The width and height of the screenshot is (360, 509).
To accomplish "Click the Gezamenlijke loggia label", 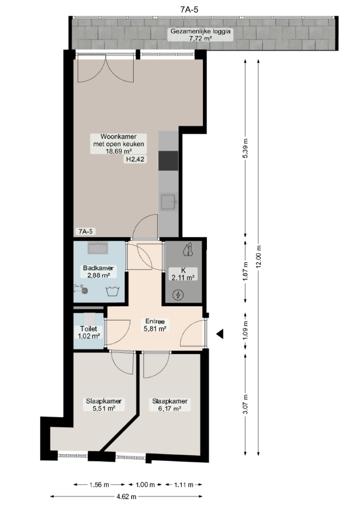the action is [201, 31].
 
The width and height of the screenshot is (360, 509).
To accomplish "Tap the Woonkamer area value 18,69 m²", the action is [118, 151].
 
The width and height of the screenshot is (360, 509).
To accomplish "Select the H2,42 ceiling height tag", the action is [135, 159].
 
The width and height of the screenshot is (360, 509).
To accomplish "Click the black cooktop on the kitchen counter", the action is [168, 161].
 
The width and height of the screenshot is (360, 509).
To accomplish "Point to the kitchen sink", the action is [168, 202].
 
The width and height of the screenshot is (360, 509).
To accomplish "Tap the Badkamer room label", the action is [98, 268].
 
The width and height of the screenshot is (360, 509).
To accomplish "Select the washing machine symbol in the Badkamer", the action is [113, 291].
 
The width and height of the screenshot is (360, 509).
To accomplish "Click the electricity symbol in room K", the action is [178, 295].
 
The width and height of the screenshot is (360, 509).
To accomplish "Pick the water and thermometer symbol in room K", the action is [188, 250].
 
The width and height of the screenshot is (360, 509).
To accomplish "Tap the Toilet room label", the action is [89, 329].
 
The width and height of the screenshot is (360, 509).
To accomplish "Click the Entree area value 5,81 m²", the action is [155, 328].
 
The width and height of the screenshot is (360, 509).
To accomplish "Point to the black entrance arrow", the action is [220, 334].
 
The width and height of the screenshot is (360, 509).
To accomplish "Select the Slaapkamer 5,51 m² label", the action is [104, 405].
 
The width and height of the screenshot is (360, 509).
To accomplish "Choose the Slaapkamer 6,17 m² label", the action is [170, 405].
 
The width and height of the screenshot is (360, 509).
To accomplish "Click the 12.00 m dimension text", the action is [258, 256].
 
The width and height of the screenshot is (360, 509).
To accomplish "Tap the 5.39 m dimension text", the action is [245, 149].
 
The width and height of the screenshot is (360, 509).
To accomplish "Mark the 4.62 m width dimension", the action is [126, 496].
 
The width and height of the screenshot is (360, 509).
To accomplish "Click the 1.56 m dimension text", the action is [99, 485].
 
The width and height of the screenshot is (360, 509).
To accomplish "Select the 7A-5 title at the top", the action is [189, 10].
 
